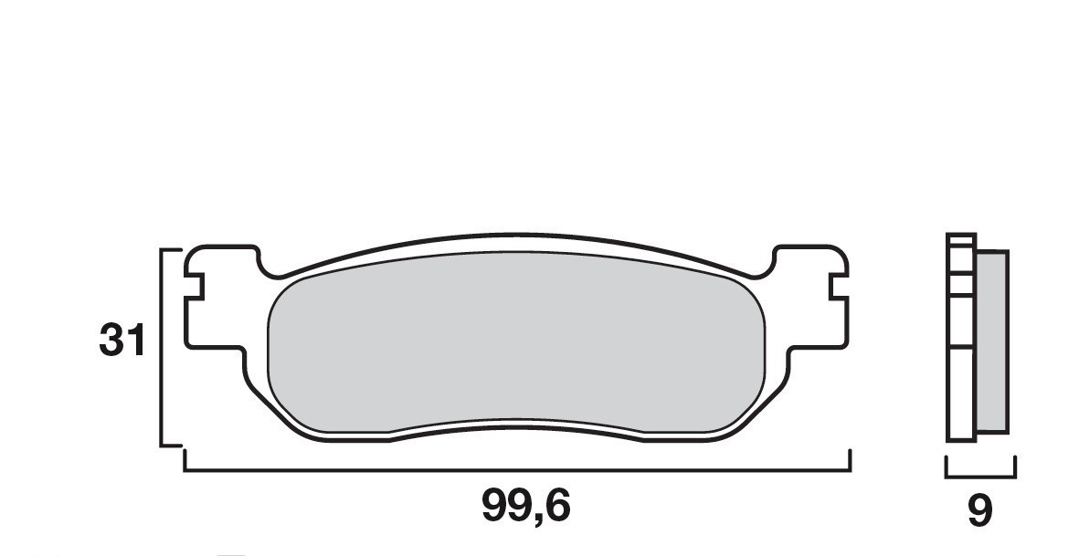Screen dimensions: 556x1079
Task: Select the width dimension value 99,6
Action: (x=525, y=506)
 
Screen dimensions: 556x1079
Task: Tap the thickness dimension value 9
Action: (x=979, y=511)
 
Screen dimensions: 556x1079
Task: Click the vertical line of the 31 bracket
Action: (x=162, y=347)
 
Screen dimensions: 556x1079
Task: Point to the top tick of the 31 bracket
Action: (x=172, y=248)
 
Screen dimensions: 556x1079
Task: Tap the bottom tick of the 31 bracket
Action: (x=172, y=446)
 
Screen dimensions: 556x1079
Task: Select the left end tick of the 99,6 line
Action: (x=185, y=460)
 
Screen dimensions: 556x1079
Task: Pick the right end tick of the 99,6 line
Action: (x=851, y=460)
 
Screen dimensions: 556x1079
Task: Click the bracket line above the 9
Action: (x=980, y=476)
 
